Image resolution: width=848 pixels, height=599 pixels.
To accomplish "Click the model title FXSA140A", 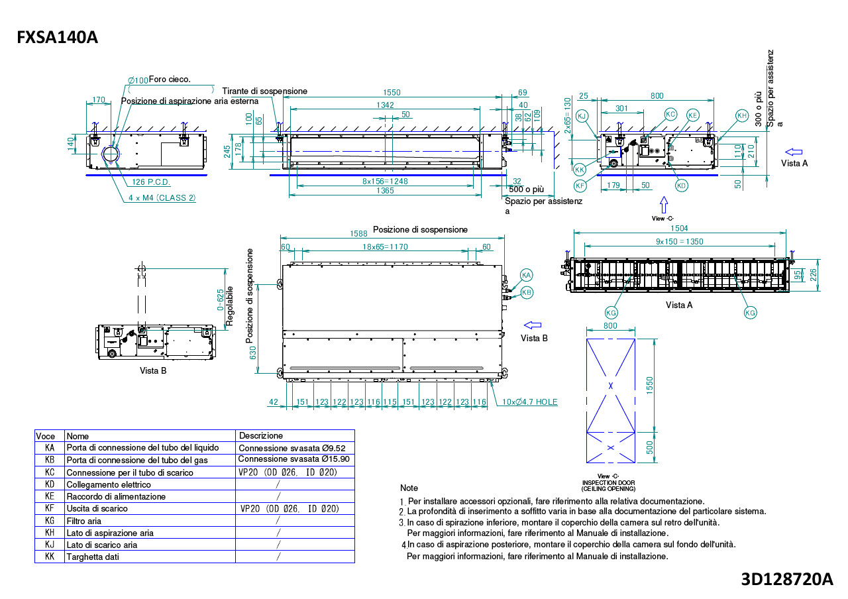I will pos(58,38).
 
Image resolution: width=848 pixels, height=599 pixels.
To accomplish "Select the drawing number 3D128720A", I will pos(786,578).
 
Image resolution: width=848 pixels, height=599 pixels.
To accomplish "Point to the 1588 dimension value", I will pos(358,233).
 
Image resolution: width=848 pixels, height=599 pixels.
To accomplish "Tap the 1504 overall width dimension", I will pos(680,229).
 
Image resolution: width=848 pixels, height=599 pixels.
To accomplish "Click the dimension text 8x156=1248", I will pos(385,181).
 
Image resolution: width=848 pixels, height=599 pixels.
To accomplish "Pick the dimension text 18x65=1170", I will pos(385,246).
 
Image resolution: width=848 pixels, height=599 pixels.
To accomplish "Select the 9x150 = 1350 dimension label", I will pos(679,242).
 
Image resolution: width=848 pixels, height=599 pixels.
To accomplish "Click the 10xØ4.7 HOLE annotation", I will pos(531,402).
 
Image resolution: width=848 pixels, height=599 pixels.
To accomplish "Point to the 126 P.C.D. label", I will pos(151,182).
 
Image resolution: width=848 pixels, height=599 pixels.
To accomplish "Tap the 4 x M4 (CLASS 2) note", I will pos(162,197).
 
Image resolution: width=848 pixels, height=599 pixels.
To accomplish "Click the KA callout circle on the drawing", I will pos(527,275).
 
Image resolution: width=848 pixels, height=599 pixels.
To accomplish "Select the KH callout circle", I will pos(741,115).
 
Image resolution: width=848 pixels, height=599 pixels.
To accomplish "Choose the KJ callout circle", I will pos(582,116).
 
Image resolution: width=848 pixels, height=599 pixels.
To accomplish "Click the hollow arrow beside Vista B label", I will pos(533,325).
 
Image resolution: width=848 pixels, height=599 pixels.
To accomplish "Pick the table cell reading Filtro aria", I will pos(84,521).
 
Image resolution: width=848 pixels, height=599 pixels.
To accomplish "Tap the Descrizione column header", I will pos(261,435).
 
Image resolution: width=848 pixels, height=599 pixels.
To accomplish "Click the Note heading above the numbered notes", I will pos(409,488).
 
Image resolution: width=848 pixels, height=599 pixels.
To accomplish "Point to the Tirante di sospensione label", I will pos(264,91).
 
